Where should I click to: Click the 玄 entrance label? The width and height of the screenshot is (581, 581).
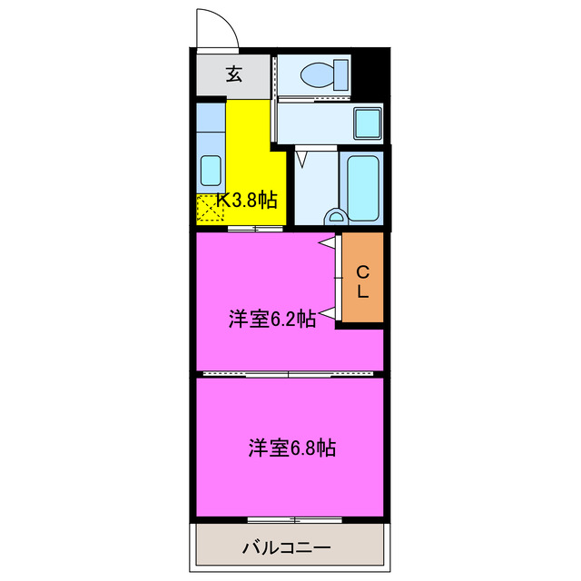coord(234,75)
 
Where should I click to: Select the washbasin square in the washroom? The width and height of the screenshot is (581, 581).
coord(368,121)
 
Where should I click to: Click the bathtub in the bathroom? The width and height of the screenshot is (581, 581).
coord(362,188)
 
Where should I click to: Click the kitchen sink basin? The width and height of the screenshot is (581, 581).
coord(210,170)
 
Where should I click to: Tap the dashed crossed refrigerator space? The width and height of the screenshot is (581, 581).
coord(210,208)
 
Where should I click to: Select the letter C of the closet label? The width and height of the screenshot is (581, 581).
coord(361,271)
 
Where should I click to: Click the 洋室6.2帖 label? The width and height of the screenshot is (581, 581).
coord(271,319)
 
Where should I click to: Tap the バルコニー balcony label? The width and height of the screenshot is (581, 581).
coord(286,547)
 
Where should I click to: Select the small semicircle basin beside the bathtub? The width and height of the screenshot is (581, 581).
coord(336,218)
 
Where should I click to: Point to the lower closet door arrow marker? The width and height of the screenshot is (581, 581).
coord(325,313)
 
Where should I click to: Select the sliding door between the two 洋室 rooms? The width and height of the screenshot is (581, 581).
coord(289,373)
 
